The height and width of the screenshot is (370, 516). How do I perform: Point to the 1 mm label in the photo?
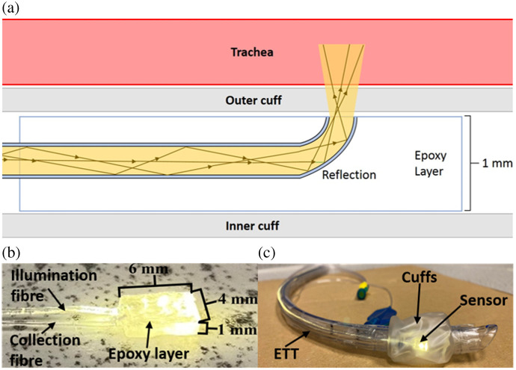pyautogui.click(x=230, y=330)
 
